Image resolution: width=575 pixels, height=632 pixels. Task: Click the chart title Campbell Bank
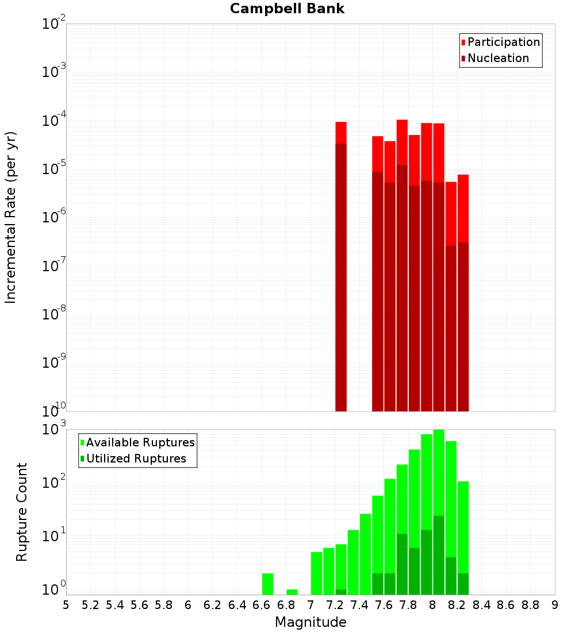tap(287, 9)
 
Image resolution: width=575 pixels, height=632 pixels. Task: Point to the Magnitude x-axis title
tap(310, 622)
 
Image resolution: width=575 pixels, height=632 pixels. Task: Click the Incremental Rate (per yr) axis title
tap(11, 217)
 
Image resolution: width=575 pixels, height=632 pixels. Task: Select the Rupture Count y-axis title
tap(22, 511)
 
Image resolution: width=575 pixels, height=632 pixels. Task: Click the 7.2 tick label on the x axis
tap(335, 605)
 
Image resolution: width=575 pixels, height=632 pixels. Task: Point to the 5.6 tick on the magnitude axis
tap(139, 605)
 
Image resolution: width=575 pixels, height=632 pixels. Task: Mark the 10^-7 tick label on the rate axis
tap(54, 267)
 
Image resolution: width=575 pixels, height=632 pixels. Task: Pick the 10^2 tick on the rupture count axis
tap(54, 483)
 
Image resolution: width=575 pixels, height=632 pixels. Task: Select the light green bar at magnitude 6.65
tap(267, 584)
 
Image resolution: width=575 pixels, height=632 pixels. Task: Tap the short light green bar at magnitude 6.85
tap(292, 592)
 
